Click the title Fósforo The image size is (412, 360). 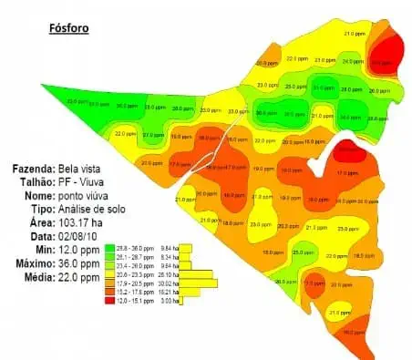click(68, 27)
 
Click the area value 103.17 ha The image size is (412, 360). click(81, 221)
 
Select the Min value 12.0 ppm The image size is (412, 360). click(77, 248)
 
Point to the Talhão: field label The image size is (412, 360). click(36, 183)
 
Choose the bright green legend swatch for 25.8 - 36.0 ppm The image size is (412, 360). click(109, 247)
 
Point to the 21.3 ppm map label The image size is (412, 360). click(315, 227)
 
